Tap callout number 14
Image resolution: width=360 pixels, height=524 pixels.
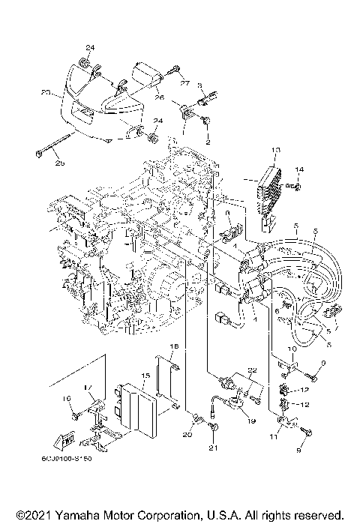(x=300, y=170)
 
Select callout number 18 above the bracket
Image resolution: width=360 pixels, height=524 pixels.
(x=172, y=346)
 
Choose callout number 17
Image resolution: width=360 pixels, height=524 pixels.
(x=88, y=388)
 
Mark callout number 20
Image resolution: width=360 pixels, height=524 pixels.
(x=187, y=433)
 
